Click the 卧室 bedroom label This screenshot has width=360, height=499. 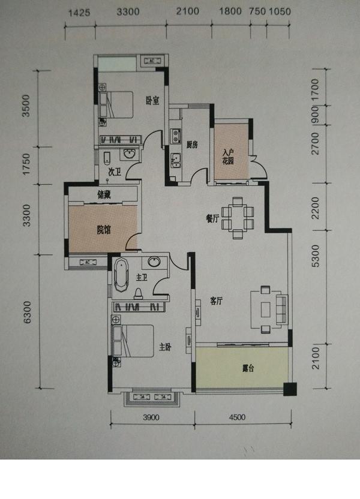(152, 101)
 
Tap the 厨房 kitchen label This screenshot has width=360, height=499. (192, 145)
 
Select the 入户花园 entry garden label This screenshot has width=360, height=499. (228, 157)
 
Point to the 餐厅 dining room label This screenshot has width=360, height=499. (212, 219)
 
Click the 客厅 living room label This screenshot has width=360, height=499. (217, 300)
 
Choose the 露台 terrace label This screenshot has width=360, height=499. (248, 368)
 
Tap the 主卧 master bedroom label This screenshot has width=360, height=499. (165, 347)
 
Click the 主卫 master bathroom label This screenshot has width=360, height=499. (142, 278)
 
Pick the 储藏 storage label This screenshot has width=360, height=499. (104, 195)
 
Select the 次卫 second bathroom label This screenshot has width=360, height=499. (115, 172)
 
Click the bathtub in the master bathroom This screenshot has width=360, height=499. (121, 275)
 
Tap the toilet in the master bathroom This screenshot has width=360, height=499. (138, 293)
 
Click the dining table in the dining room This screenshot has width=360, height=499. (238, 218)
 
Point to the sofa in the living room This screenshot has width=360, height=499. (282, 309)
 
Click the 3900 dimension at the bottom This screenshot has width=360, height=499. (151, 417)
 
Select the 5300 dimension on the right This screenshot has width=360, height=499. (315, 256)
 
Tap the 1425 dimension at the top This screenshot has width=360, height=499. (79, 13)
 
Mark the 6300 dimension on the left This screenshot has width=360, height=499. (28, 312)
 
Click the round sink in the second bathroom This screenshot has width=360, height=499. (130, 154)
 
